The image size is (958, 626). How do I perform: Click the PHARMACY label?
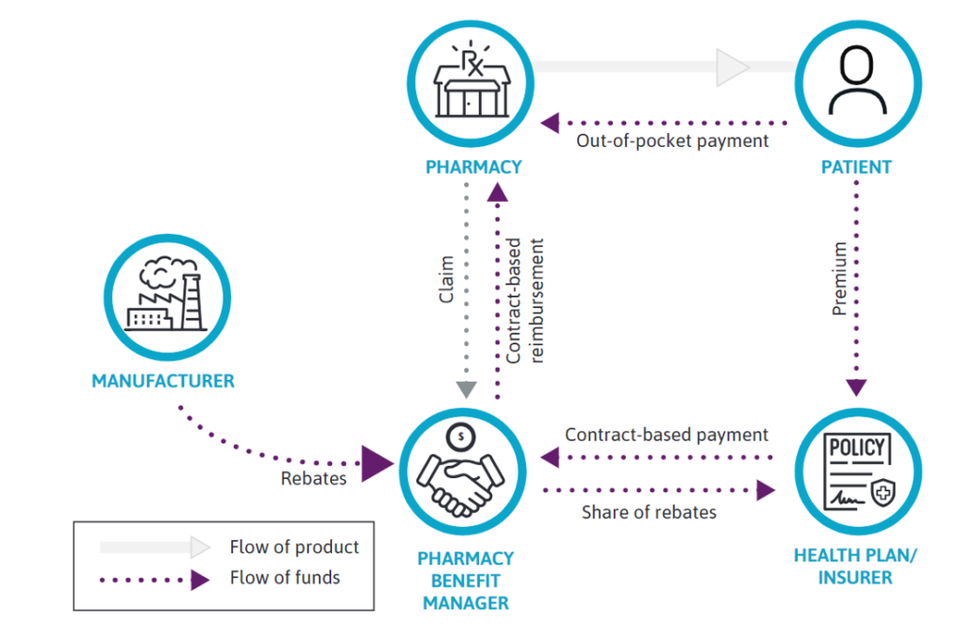[x=473, y=167]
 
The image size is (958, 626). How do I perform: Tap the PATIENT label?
[x=856, y=167]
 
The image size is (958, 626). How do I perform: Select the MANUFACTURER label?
[x=163, y=381]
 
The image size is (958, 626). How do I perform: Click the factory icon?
[x=165, y=295]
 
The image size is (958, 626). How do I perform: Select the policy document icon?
[x=857, y=473]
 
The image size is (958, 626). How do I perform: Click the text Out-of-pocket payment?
[x=672, y=140]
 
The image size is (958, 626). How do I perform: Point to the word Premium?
[x=840, y=278]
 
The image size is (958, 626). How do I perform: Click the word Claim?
[x=446, y=278]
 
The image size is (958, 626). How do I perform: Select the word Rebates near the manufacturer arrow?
[x=313, y=478]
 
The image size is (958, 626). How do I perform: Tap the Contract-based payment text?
[x=667, y=434]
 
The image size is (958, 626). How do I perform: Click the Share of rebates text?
[x=649, y=512]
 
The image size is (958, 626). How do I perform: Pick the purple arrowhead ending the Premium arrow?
[x=857, y=387]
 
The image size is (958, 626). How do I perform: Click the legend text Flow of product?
[x=295, y=546]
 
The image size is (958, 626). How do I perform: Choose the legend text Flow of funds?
[x=285, y=577]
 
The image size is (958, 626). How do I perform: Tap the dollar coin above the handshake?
[x=459, y=435]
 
